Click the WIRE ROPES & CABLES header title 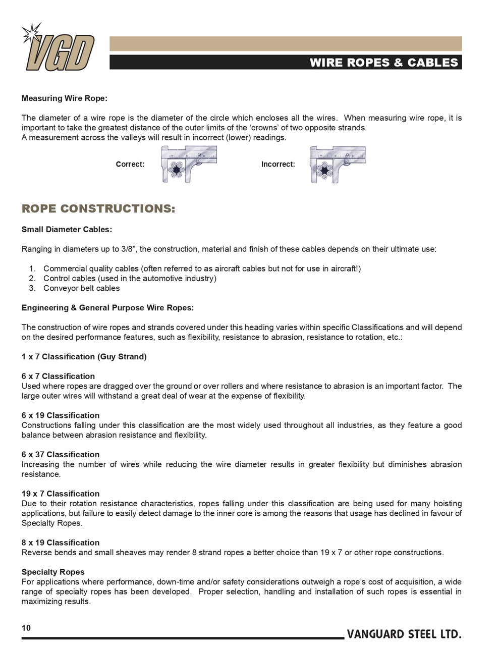point(383,63)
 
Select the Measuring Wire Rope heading point(65,98)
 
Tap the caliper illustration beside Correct point(189,164)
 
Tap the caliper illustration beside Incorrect point(338,164)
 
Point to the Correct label point(130,165)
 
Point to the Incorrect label point(278,165)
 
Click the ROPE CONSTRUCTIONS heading point(98,209)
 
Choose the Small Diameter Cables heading point(67,230)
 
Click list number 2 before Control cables point(32,279)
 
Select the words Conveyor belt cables point(82,288)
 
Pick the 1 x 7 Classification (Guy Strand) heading point(84,357)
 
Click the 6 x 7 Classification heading point(58,376)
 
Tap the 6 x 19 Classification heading point(61,416)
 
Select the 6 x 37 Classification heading point(61,455)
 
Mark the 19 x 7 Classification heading point(61,494)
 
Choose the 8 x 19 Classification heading point(61,543)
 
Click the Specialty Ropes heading point(53,572)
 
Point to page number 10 point(26,628)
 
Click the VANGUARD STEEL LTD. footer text point(404,634)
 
